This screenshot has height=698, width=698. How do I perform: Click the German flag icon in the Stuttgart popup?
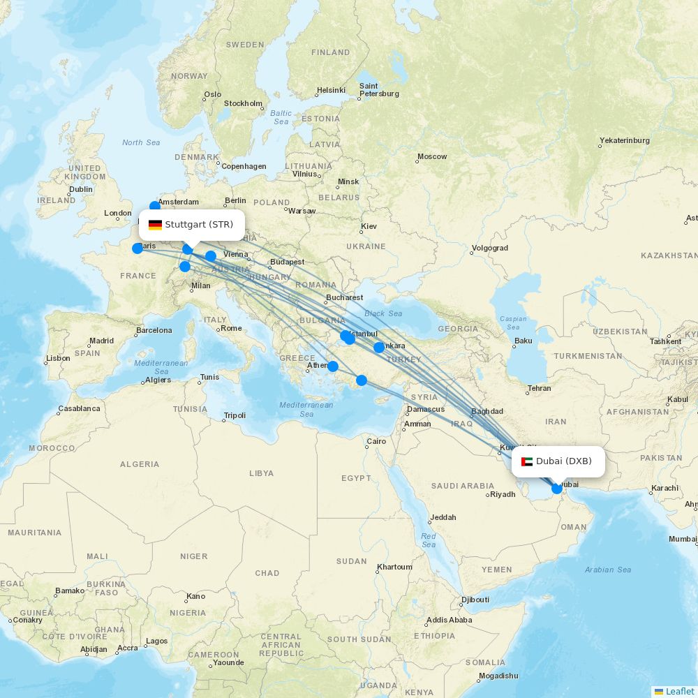point(155,225)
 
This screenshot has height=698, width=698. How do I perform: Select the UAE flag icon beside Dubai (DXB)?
point(527,461)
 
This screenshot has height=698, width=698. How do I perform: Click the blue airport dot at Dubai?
point(557,489)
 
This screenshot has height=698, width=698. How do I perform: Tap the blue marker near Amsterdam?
point(155,206)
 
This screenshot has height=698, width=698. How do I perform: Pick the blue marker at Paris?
point(138,248)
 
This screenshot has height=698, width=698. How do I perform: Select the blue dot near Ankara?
point(379,348)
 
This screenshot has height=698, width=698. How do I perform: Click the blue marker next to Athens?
point(333,366)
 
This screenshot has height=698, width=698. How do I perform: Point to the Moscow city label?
point(432,156)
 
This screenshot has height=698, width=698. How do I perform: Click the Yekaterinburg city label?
point(624,140)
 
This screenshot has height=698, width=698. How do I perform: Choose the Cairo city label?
point(376,441)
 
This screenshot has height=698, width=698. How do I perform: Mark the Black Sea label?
point(383,313)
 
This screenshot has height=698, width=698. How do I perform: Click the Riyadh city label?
point(503,494)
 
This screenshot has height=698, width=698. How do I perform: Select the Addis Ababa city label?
point(449,620)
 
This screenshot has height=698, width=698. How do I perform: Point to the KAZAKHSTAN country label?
point(669,256)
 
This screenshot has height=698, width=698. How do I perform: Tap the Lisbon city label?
point(58,358)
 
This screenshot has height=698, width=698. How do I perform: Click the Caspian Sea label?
point(513,323)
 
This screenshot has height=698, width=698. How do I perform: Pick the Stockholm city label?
point(243,103)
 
